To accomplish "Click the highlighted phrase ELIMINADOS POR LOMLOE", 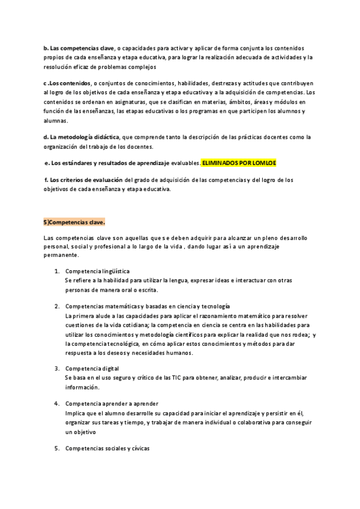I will (238, 163).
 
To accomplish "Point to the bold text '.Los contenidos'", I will (69, 83).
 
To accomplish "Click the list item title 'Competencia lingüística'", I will (97, 271).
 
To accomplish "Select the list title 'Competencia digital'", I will (92, 369).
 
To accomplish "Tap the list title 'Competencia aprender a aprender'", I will (112, 404).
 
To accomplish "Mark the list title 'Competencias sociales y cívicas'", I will (107, 449).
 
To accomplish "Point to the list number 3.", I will (56, 369).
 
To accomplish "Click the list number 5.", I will (56, 449).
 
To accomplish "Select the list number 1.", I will (56, 271).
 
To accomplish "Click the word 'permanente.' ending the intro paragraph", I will (61, 255).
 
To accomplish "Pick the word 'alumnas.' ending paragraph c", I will (56, 121).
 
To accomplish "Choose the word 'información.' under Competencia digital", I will (83, 387).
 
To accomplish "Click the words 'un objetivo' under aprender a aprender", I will (81, 432).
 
